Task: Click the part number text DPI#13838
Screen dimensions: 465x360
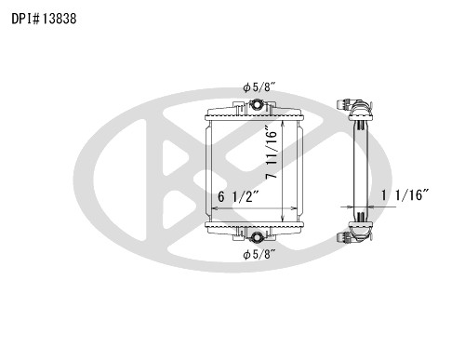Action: coord(44,19)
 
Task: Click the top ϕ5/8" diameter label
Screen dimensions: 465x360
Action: coord(259,87)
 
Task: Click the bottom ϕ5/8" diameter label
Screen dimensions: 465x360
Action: coord(259,255)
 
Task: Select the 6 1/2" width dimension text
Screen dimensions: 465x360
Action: coord(238,196)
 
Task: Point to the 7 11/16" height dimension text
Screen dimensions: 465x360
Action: coord(272,152)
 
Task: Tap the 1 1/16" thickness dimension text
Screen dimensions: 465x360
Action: coord(405,195)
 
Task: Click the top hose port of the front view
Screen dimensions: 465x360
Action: coord(257,104)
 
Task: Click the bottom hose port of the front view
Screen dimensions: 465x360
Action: coord(257,237)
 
